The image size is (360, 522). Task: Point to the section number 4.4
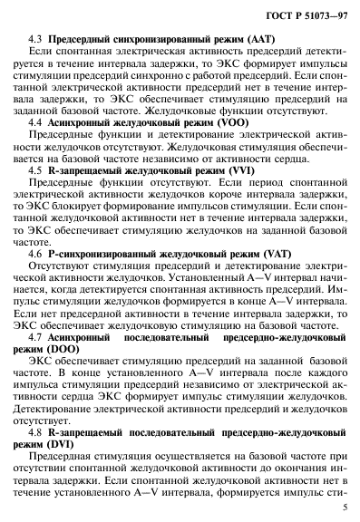point(36,121)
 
